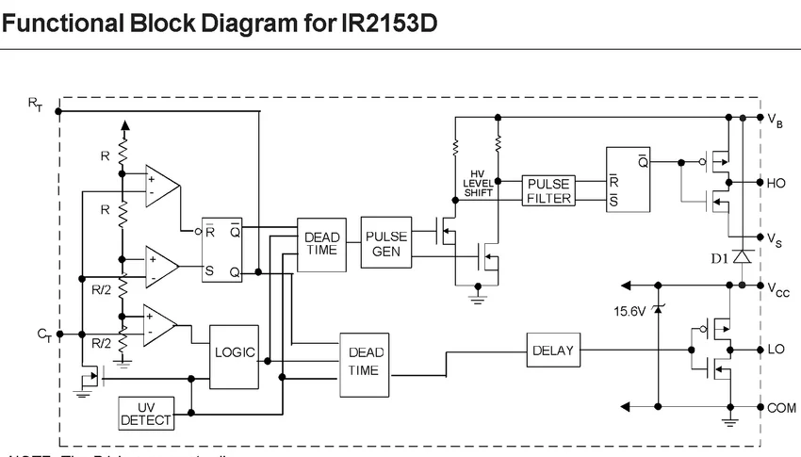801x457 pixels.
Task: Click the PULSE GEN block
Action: click(386, 243)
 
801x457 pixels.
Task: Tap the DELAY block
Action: click(553, 351)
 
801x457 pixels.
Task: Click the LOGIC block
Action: click(234, 353)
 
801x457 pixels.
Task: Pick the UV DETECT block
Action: click(147, 412)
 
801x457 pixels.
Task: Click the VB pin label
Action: click(775, 121)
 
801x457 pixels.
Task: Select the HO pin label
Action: click(776, 183)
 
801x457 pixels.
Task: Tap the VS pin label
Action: click(775, 240)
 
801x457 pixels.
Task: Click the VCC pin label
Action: click(777, 288)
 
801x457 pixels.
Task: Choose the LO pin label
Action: click(776, 350)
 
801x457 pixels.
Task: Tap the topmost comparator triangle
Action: click(161, 186)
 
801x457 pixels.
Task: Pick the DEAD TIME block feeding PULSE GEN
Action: click(320, 243)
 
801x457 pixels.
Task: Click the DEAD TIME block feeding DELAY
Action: click(365, 363)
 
